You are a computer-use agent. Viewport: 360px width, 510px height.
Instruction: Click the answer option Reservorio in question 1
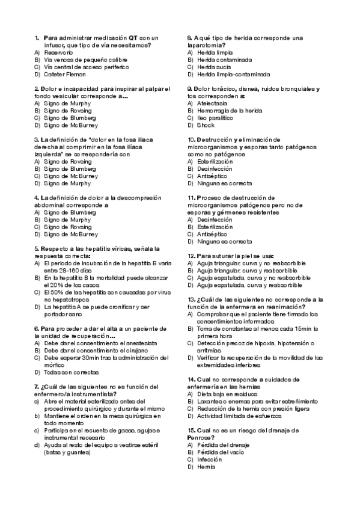tap(58, 53)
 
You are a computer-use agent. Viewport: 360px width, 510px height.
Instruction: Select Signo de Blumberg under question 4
tap(69, 213)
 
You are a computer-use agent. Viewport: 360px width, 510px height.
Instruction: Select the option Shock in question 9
tap(206, 125)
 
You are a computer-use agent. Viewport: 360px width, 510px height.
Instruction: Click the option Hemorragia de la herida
tap(229, 111)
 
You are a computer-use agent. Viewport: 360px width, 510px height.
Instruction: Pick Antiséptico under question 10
tap(212, 176)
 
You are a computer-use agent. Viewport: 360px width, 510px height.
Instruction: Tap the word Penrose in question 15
tap(201, 438)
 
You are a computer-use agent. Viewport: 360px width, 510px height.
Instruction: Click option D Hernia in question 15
tap(207, 467)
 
